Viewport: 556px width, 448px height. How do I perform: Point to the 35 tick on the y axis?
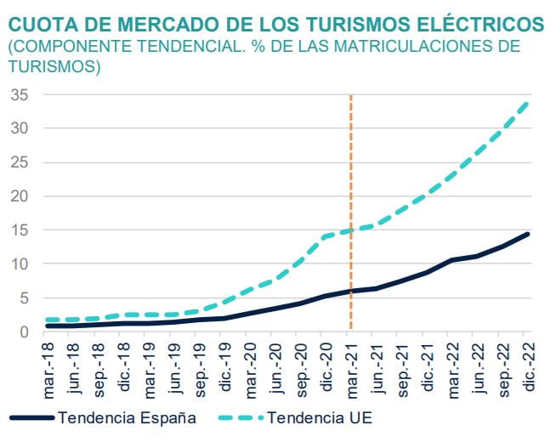(20, 95)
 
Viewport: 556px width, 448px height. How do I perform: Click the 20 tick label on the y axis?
(20, 196)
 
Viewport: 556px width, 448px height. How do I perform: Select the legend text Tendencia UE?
(319, 418)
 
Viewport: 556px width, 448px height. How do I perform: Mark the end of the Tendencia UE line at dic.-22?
(528, 103)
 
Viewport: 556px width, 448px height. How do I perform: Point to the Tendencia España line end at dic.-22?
(528, 234)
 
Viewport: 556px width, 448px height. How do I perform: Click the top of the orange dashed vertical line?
(350, 98)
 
